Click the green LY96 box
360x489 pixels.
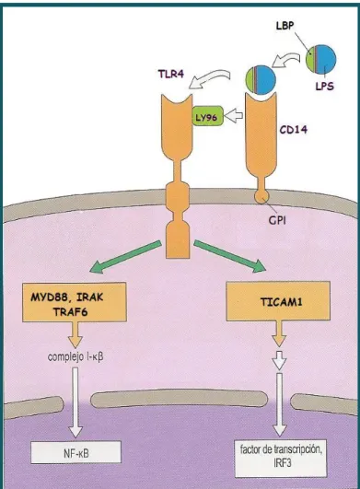(x=207, y=116)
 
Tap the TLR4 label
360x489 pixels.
(x=171, y=75)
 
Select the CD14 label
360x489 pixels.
(x=293, y=129)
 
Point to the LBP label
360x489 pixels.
(x=285, y=26)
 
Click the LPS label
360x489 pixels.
(x=324, y=86)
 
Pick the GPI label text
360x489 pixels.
(x=277, y=220)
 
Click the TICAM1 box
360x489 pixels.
(x=278, y=301)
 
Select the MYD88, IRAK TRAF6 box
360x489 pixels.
(x=75, y=302)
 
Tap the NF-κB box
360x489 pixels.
(x=75, y=452)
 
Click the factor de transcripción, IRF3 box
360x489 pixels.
(x=281, y=458)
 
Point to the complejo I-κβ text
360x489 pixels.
(x=75, y=356)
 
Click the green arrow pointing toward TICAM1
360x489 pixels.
(x=230, y=256)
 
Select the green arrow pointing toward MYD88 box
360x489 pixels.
(x=125, y=257)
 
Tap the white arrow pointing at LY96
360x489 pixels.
(x=234, y=116)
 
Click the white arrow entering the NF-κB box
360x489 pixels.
(x=75, y=402)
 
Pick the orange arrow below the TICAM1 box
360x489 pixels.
(x=279, y=333)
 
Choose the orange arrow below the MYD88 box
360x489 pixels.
(x=75, y=334)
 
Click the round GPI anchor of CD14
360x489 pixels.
(x=261, y=196)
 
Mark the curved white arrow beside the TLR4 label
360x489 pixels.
(x=209, y=78)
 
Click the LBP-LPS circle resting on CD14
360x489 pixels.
(x=261, y=80)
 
